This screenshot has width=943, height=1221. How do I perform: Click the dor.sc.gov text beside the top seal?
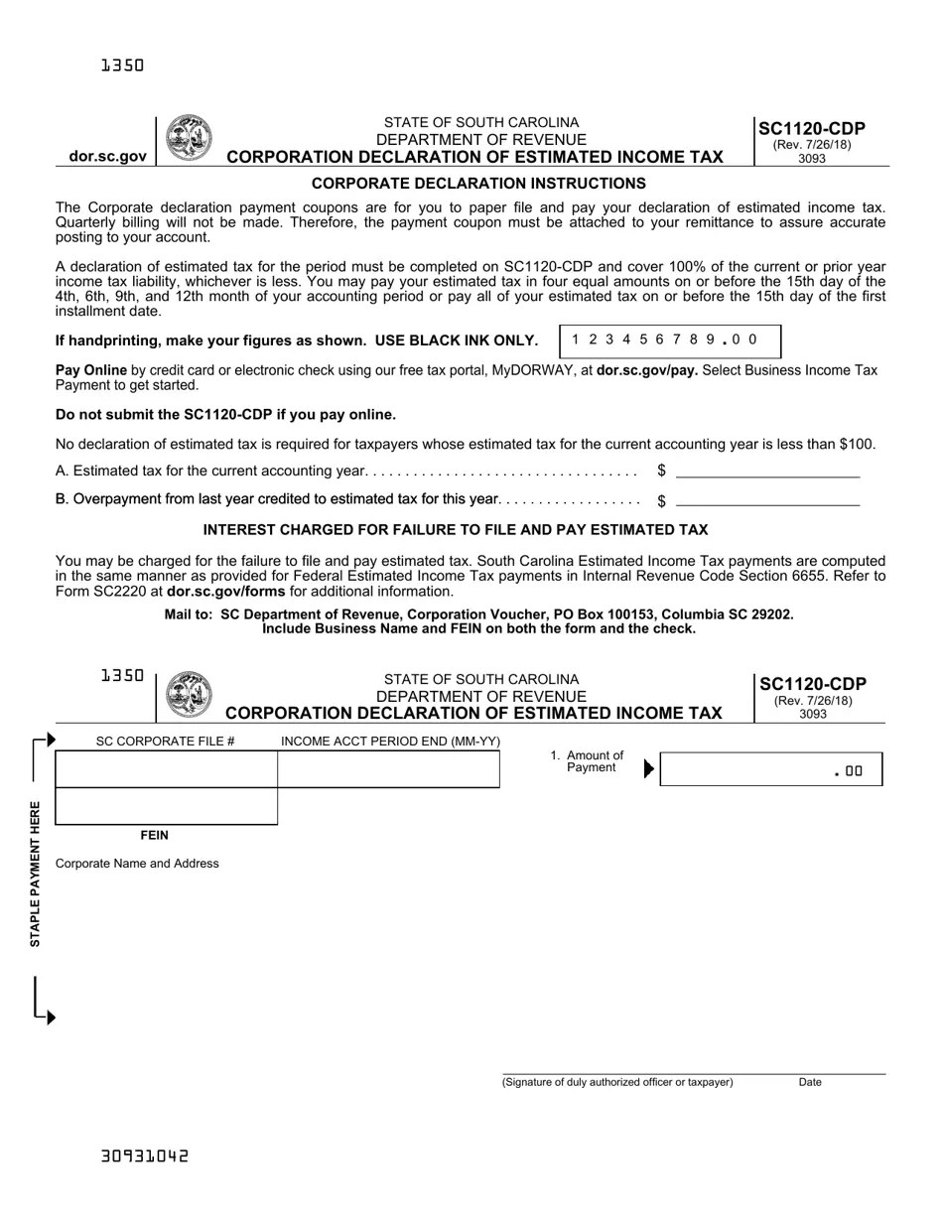pyautogui.click(x=107, y=156)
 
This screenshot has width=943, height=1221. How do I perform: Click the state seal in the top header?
pyautogui.click(x=188, y=138)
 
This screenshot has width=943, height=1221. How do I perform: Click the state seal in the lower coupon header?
pyautogui.click(x=188, y=694)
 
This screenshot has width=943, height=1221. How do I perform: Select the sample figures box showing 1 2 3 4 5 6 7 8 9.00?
pyautogui.click(x=670, y=340)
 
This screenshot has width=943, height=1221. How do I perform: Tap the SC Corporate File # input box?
pyautogui.click(x=166, y=769)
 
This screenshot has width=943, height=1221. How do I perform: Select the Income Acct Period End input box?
pyautogui.click(x=388, y=769)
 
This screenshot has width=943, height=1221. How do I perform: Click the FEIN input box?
pyautogui.click(x=166, y=806)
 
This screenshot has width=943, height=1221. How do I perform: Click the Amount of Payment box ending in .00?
pyautogui.click(x=770, y=769)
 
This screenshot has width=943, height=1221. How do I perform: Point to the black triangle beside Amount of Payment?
pyautogui.click(x=649, y=768)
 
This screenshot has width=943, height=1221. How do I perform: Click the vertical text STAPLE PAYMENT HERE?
pyautogui.click(x=35, y=874)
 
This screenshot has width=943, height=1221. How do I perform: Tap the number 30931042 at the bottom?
pyautogui.click(x=144, y=1156)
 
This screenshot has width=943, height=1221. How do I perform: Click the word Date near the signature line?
pyautogui.click(x=809, y=1082)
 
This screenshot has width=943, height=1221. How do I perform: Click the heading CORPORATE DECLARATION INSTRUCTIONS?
pyautogui.click(x=478, y=184)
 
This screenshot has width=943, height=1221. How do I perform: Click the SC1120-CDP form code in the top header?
pyautogui.click(x=811, y=128)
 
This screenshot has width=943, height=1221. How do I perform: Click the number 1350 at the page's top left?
pyautogui.click(x=122, y=66)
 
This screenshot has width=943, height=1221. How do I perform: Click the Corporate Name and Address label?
pyautogui.click(x=137, y=864)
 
